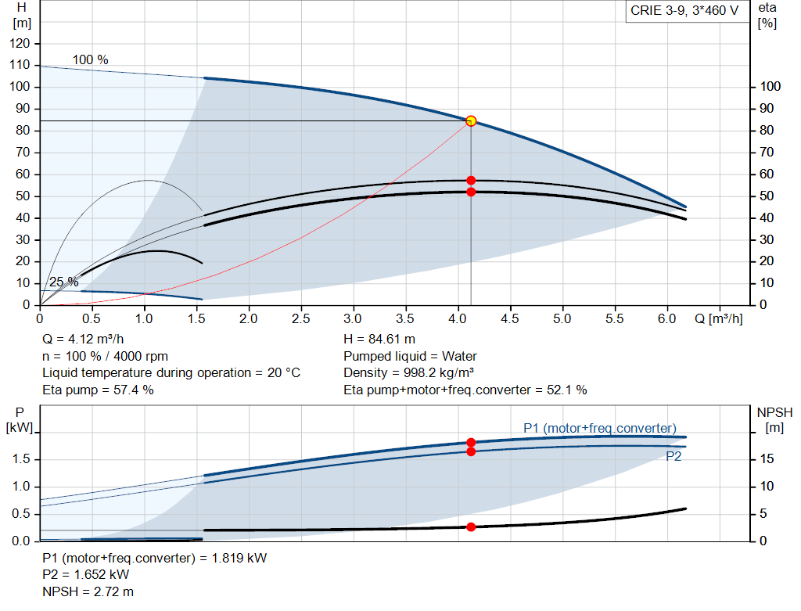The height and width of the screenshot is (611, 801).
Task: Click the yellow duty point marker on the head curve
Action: (x=471, y=120)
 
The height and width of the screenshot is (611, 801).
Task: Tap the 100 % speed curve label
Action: (x=91, y=60)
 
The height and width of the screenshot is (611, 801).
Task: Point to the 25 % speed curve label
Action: (x=63, y=282)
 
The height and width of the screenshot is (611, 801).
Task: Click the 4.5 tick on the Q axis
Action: (x=510, y=319)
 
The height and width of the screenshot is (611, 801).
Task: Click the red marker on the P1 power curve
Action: (x=471, y=443)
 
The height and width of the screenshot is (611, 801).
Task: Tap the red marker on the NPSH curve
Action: (x=471, y=527)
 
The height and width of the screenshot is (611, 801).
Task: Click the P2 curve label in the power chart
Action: (x=673, y=457)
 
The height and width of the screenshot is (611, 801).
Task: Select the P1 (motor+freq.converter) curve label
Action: (x=600, y=428)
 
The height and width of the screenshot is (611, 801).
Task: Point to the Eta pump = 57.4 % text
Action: (x=98, y=390)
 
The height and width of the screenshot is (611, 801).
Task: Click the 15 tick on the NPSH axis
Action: (x=767, y=459)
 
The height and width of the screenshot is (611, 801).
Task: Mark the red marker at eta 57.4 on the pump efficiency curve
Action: (x=471, y=181)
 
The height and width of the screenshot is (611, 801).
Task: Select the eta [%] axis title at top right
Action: (x=767, y=15)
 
